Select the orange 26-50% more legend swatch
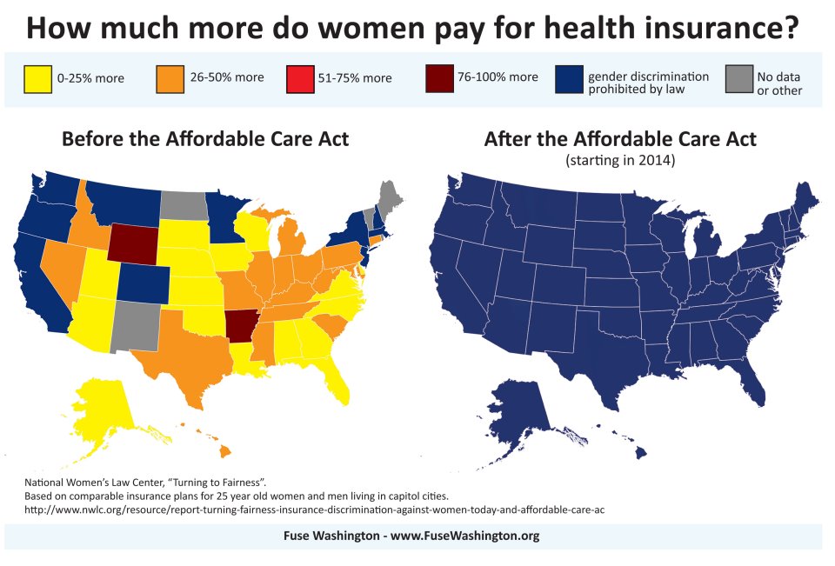(170, 77)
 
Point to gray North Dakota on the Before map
(180, 205)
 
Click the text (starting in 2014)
(619, 161)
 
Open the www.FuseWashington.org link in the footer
(464, 536)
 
